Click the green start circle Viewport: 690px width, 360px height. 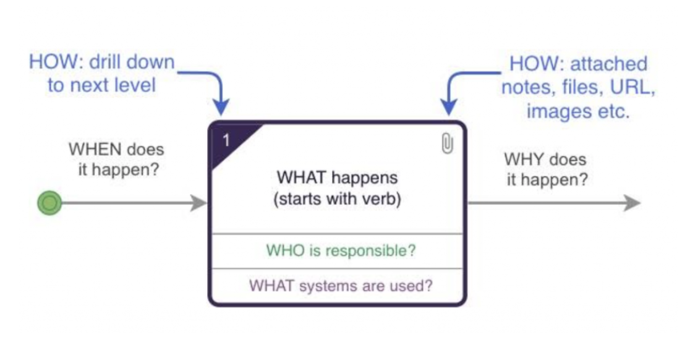[49, 203]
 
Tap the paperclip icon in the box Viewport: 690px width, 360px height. [447, 144]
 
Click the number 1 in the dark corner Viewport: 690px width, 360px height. [226, 140]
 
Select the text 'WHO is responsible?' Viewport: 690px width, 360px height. [340, 251]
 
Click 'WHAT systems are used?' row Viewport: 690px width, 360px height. [340, 286]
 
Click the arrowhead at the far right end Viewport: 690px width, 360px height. [632, 203]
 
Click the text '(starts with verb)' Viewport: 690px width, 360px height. [337, 202]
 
